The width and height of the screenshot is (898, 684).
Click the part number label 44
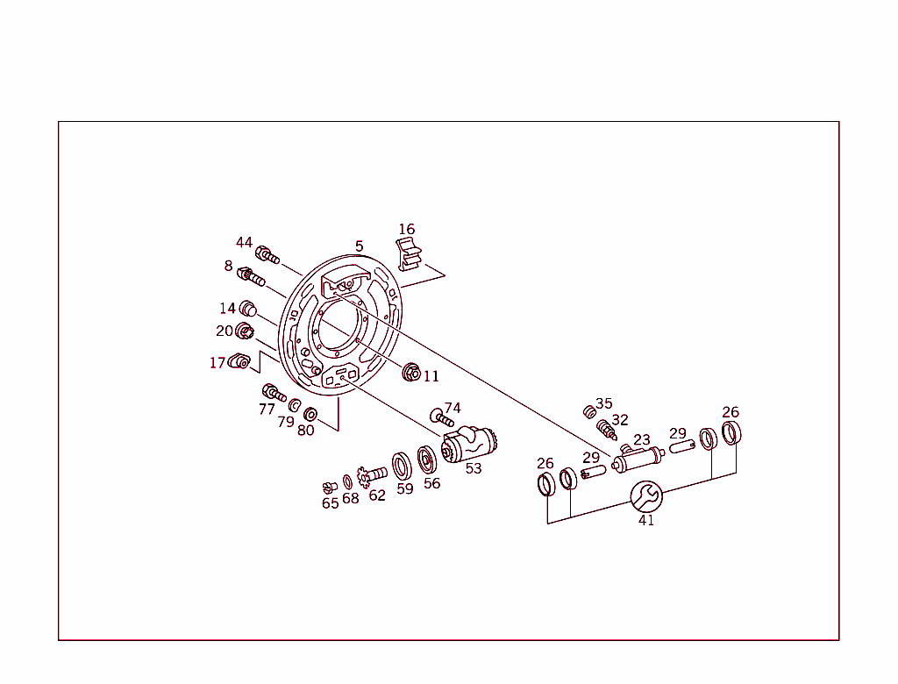244,243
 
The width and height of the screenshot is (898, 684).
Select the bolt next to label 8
252,278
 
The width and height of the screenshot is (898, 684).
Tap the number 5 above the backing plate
359,246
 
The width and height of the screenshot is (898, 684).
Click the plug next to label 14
247,308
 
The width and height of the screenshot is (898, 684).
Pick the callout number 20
224,331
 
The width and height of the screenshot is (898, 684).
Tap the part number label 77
267,410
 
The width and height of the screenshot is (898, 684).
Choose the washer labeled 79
296,405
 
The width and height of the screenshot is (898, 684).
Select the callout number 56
431,483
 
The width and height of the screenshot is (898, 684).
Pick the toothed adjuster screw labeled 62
374,474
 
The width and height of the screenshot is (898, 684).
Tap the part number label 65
330,503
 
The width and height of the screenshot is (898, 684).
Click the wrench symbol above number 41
646,496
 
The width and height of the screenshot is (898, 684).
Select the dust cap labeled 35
589,411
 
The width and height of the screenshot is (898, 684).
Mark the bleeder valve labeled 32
605,430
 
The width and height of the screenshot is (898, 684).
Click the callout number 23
642,440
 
